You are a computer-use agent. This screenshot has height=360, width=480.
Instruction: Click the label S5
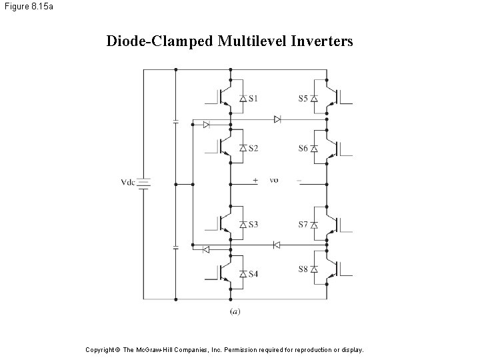click(x=303, y=99)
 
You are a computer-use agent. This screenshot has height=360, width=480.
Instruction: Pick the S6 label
click(x=303, y=148)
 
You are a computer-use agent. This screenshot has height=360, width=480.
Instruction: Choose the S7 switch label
click(x=303, y=225)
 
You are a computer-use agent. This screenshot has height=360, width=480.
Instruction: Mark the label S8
click(x=303, y=269)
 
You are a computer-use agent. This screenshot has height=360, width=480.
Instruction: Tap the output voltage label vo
click(x=274, y=179)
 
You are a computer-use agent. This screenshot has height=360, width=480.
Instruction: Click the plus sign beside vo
click(x=255, y=179)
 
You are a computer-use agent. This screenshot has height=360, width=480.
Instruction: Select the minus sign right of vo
click(x=299, y=179)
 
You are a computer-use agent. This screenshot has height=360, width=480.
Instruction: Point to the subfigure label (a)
click(x=235, y=310)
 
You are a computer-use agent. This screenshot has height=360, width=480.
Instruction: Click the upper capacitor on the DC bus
click(x=175, y=121)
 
